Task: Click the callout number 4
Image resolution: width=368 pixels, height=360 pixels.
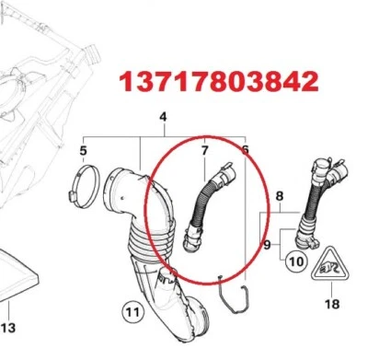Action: [163, 117]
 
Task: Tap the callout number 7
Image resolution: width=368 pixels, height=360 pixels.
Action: [203, 148]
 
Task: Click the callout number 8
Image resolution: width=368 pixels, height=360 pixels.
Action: [280, 194]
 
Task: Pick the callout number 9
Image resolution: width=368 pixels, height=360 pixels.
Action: [267, 246]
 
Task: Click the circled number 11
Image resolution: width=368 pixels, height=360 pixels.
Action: [132, 314]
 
